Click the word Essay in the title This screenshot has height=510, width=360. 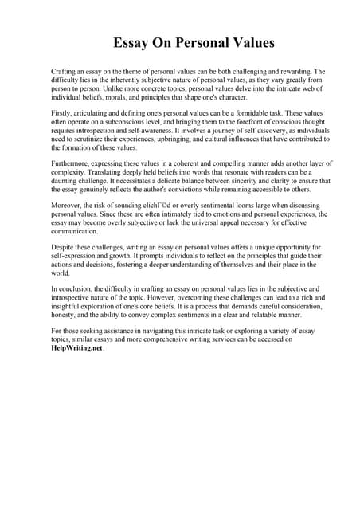pyautogui.click(x=135, y=42)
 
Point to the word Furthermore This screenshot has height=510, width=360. pyautogui.click(x=72, y=163)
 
